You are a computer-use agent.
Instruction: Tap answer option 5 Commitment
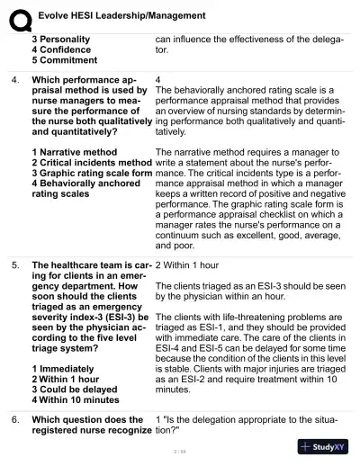[64, 61]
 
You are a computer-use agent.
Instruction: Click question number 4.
[15, 80]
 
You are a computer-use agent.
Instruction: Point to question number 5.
[15, 266]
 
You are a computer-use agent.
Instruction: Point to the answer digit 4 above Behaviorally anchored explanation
[158, 80]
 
